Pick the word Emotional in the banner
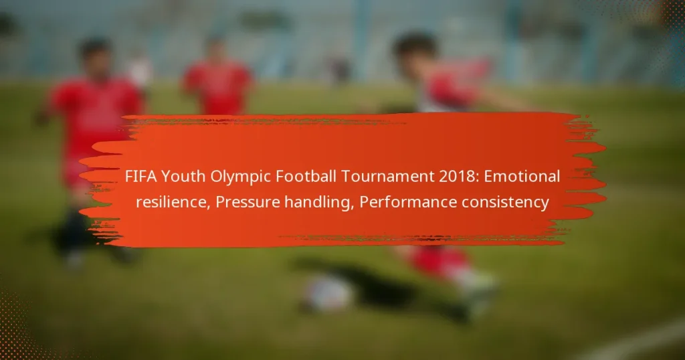[x=522, y=177]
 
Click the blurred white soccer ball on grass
[x=328, y=294]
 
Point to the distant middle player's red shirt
[x=217, y=87]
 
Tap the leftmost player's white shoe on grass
[x=74, y=260]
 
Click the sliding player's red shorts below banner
[x=439, y=259]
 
